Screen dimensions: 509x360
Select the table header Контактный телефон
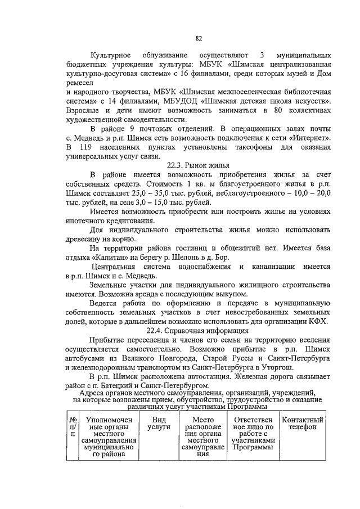(303, 424)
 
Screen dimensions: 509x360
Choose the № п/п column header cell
(73, 427)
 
